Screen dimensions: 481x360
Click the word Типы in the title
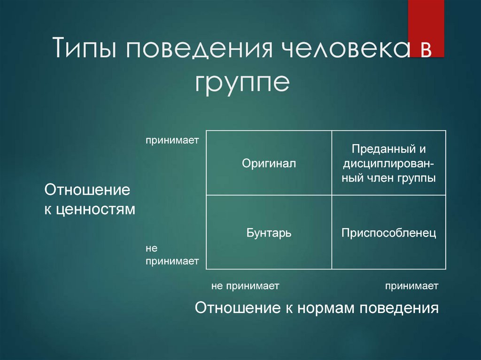click(85, 47)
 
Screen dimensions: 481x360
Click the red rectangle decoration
click(426, 28)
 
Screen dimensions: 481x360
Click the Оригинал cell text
click(269, 163)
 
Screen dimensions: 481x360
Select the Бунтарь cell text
click(269, 233)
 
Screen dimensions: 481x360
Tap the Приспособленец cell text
click(388, 233)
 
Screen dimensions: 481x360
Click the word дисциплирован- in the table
click(388, 164)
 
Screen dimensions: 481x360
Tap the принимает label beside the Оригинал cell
click(172, 140)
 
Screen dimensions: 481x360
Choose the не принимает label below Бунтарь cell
click(245, 286)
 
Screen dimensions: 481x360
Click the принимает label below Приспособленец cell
click(411, 286)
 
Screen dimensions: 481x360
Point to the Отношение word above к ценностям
click(87, 190)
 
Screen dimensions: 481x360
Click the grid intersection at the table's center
click(332, 195)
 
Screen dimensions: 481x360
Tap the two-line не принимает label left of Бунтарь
click(172, 254)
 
